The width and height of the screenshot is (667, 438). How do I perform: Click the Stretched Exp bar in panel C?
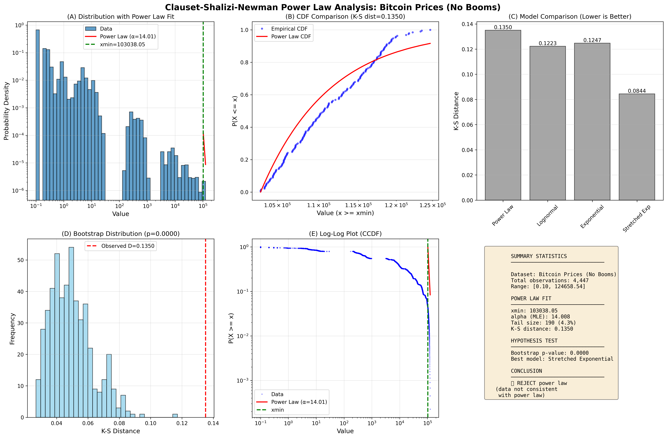(x=637, y=147)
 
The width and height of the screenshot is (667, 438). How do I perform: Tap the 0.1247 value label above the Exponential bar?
(x=592, y=40)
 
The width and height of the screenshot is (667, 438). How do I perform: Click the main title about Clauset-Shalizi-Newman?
(x=333, y=7)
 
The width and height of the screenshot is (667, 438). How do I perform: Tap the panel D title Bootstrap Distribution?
(x=120, y=234)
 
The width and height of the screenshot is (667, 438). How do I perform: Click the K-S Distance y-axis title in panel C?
(x=456, y=111)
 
